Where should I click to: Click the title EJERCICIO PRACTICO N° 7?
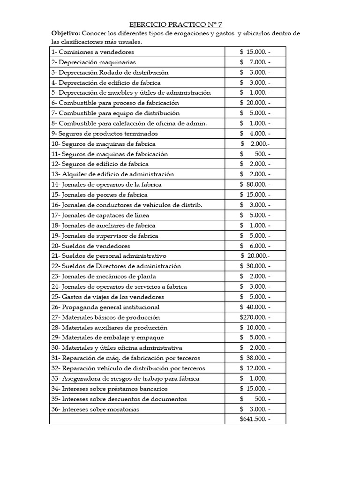(179, 24)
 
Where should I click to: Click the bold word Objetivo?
(66, 33)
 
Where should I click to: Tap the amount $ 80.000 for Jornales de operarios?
(255, 184)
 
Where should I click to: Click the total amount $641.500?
(255, 419)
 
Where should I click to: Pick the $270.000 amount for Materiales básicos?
(255, 317)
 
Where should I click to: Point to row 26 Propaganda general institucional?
(105, 307)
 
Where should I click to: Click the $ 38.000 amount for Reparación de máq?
(255, 358)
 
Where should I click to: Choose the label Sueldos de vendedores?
(91, 246)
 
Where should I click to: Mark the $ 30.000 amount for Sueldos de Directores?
(255, 266)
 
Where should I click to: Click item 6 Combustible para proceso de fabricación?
(115, 103)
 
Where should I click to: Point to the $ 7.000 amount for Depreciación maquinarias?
(255, 62)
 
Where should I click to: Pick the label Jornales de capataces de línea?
(104, 215)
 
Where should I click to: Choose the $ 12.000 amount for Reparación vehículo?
(255, 368)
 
